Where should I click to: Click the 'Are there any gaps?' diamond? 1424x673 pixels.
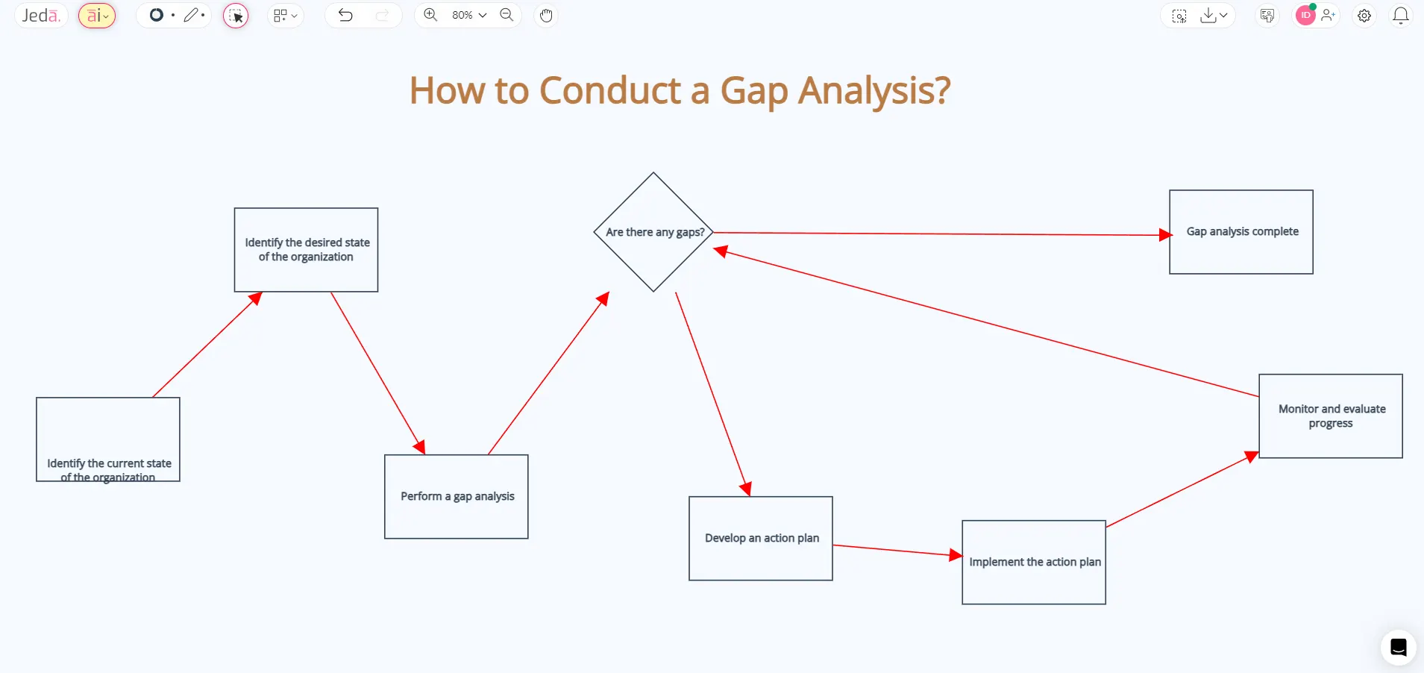(x=653, y=232)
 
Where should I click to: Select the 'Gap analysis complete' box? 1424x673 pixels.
(x=1240, y=232)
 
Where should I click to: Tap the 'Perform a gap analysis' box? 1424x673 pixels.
(x=456, y=496)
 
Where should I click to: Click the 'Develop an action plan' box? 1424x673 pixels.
(x=760, y=538)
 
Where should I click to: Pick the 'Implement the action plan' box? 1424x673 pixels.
(x=1033, y=562)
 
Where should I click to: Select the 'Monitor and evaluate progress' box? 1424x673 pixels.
(x=1330, y=416)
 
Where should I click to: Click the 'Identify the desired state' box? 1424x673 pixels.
(x=306, y=250)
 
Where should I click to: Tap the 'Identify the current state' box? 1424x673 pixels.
(x=108, y=439)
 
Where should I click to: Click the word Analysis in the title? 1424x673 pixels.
(x=873, y=91)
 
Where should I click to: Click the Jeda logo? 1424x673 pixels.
(x=41, y=16)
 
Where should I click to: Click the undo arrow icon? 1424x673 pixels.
(x=345, y=15)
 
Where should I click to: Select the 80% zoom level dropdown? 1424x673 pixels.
(x=468, y=15)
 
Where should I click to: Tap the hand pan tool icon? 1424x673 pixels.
(x=546, y=15)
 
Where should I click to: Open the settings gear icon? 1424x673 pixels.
(x=1364, y=16)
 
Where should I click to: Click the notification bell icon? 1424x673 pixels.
(x=1400, y=16)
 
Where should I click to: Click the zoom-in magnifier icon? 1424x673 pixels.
(x=430, y=15)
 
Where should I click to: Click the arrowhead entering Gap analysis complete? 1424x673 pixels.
(x=1164, y=235)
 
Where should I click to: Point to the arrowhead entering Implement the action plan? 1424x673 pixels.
(x=956, y=555)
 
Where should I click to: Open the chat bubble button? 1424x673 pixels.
(x=1398, y=647)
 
